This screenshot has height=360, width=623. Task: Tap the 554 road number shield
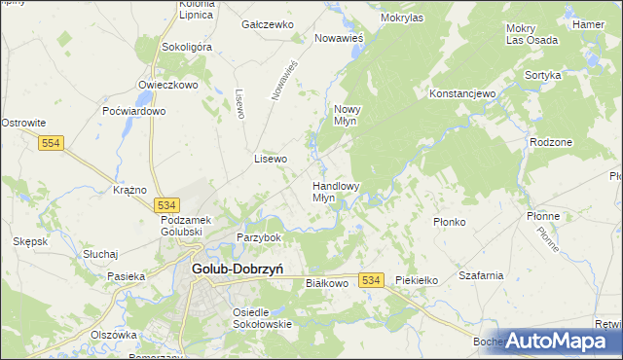[x=52, y=143]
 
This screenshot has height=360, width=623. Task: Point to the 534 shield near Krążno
[x=165, y=205]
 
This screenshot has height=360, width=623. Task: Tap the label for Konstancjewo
[x=462, y=93]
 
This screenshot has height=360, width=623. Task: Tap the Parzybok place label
[x=259, y=237]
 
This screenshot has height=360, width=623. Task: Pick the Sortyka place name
[x=542, y=75]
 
